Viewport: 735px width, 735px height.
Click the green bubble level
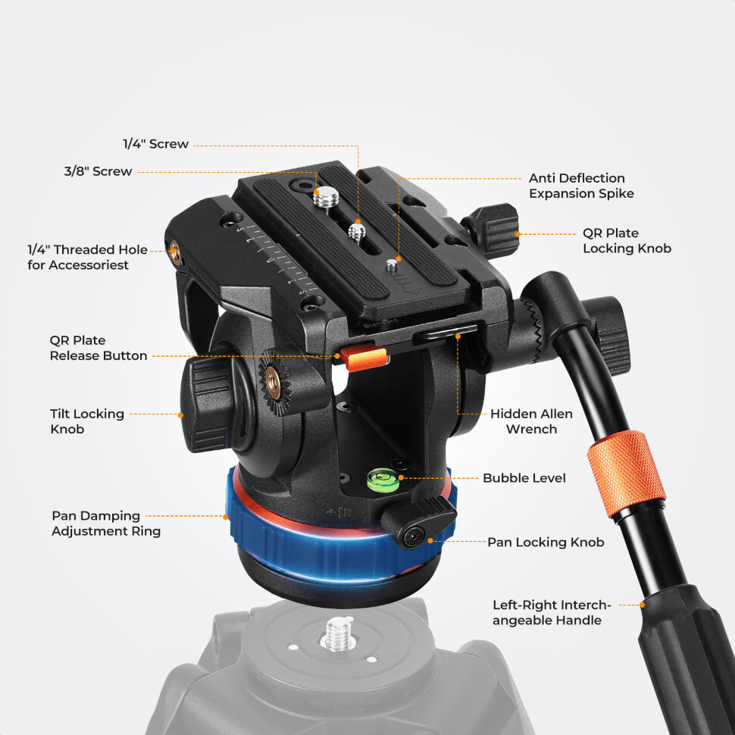pyautogui.click(x=383, y=480)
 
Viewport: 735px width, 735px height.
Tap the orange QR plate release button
pyautogui.click(x=364, y=358)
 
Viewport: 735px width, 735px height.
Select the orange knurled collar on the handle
pyautogui.click(x=626, y=474)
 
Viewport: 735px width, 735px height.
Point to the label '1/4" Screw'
pyautogui.click(x=155, y=144)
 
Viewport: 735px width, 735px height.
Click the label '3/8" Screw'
pyautogui.click(x=98, y=171)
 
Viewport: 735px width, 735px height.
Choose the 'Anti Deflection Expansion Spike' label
pyautogui.click(x=581, y=186)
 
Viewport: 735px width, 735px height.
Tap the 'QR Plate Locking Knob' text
pyautogui.click(x=627, y=240)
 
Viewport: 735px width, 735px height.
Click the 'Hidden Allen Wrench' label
pyautogui.click(x=532, y=421)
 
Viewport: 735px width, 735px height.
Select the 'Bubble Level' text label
pyautogui.click(x=524, y=478)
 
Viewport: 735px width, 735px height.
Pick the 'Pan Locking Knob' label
pyautogui.click(x=546, y=543)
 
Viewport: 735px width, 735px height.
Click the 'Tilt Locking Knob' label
pyautogui.click(x=87, y=421)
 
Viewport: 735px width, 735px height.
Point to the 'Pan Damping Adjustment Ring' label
pyautogui.click(x=106, y=523)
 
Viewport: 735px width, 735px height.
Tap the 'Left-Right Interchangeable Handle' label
pyautogui.click(x=552, y=613)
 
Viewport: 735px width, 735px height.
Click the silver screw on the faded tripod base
pyautogui.click(x=339, y=633)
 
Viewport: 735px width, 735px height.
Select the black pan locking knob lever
pyautogui.click(x=418, y=522)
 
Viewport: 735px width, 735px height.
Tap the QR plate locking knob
pyautogui.click(x=493, y=228)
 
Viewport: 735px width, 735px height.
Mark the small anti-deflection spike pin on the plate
pyautogui.click(x=392, y=266)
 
